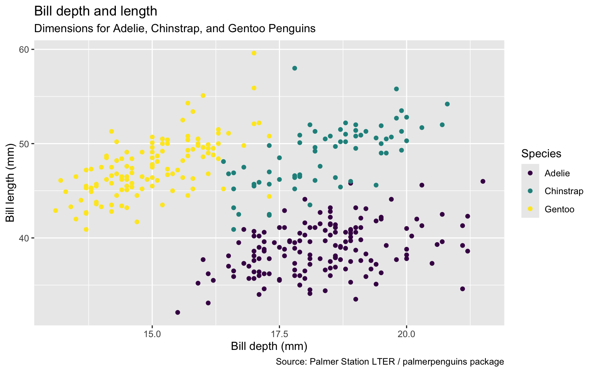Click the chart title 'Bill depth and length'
coord(96,11)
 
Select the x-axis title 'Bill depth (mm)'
coord(269,346)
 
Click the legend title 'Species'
coord(541,154)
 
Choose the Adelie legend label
coord(557,173)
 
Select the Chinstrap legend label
coord(564,191)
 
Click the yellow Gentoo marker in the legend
coord(530,209)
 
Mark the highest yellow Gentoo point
coord(254,53)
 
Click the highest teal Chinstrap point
coord(295,68)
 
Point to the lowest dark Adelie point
coord(178,312)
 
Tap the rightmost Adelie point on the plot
coord(483,181)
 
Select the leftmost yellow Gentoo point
coord(55,211)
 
